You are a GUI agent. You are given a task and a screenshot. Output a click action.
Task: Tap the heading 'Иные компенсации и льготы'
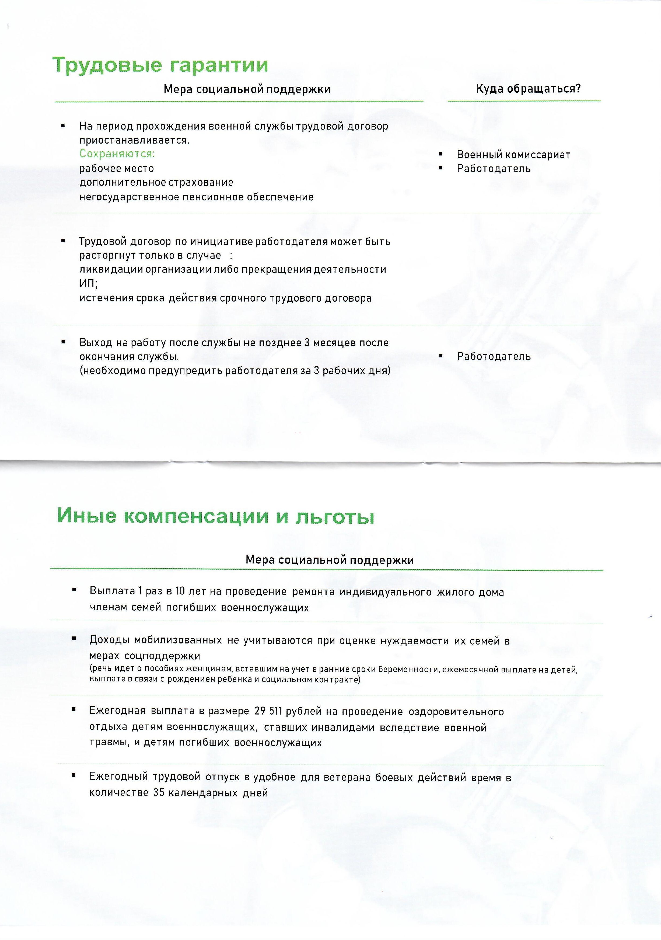[216, 516]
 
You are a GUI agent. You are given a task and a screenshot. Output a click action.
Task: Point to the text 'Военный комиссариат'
[513, 155]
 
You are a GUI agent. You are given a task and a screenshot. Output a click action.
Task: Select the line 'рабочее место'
[117, 168]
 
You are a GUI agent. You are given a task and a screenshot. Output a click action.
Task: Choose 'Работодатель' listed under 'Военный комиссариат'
[494, 169]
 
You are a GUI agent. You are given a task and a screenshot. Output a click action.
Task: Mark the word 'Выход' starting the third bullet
[93, 343]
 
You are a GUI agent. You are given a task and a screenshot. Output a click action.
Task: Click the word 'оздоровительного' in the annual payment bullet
[456, 712]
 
